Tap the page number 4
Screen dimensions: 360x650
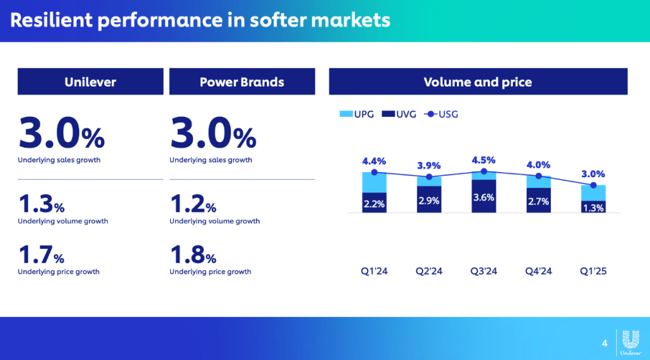604,343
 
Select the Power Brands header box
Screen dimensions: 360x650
242,82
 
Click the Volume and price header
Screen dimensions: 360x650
478,82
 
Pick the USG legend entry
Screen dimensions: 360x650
444,114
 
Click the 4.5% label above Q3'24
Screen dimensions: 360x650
483,160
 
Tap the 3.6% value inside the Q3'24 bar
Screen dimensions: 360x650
483,197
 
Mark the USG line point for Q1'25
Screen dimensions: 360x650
594,185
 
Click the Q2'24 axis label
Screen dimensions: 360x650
429,271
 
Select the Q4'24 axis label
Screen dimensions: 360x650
538,271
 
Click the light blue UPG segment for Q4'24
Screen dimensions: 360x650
538,182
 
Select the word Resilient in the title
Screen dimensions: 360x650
51,20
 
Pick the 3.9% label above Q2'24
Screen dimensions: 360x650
429,165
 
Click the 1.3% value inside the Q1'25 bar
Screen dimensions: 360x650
594,207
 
